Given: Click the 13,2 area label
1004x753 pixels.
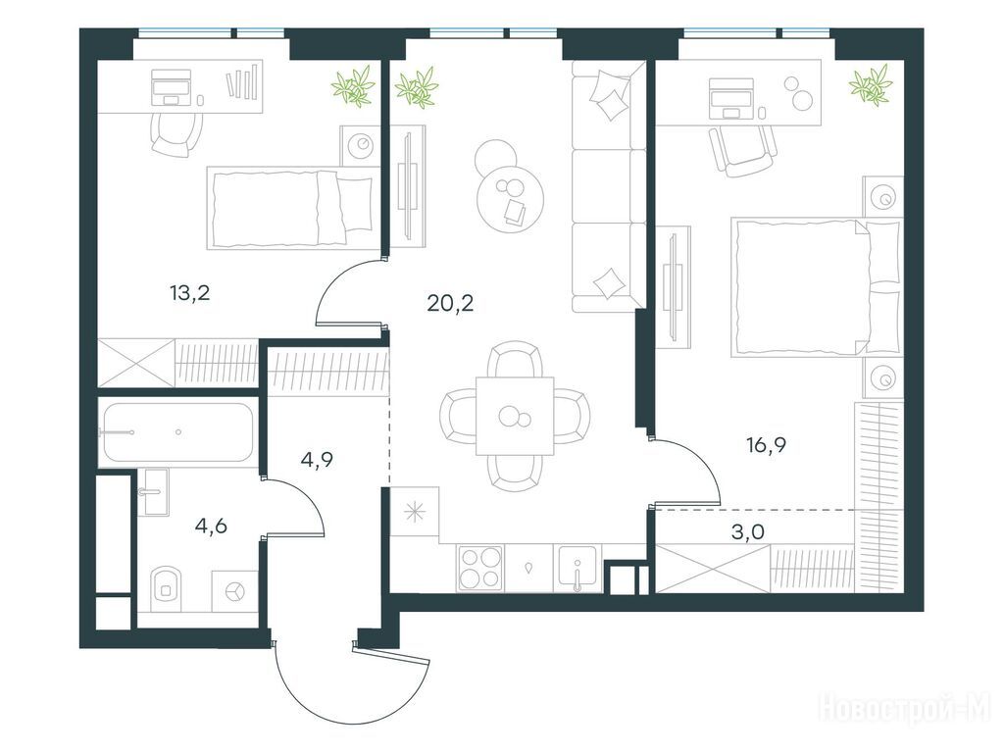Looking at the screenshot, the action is (189, 293).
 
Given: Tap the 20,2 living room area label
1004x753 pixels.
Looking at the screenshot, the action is (450, 302).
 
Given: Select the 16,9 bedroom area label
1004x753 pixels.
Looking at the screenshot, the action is (767, 444).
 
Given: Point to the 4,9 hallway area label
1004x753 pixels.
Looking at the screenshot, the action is (317, 459).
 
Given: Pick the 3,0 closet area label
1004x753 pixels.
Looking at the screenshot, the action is (748, 531).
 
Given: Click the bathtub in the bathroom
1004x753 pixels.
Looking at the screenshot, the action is (176, 432).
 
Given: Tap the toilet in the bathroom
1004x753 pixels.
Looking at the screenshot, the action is (167, 585).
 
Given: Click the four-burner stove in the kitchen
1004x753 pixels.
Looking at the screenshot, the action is (480, 568).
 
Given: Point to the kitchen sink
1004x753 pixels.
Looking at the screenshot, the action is (577, 568).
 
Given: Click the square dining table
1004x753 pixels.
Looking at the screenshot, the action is (514, 416).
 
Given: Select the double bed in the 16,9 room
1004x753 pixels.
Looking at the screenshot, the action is (817, 287).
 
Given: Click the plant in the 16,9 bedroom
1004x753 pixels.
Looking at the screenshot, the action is (871, 85).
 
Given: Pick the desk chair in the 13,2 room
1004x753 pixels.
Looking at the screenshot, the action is (176, 134).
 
